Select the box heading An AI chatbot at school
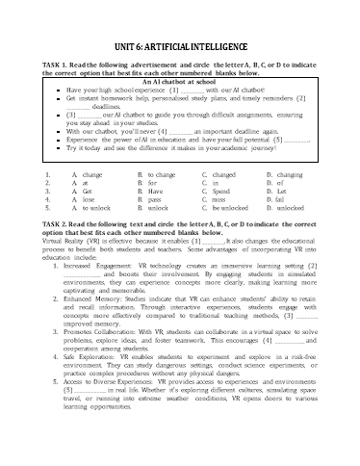tap(177, 83)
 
